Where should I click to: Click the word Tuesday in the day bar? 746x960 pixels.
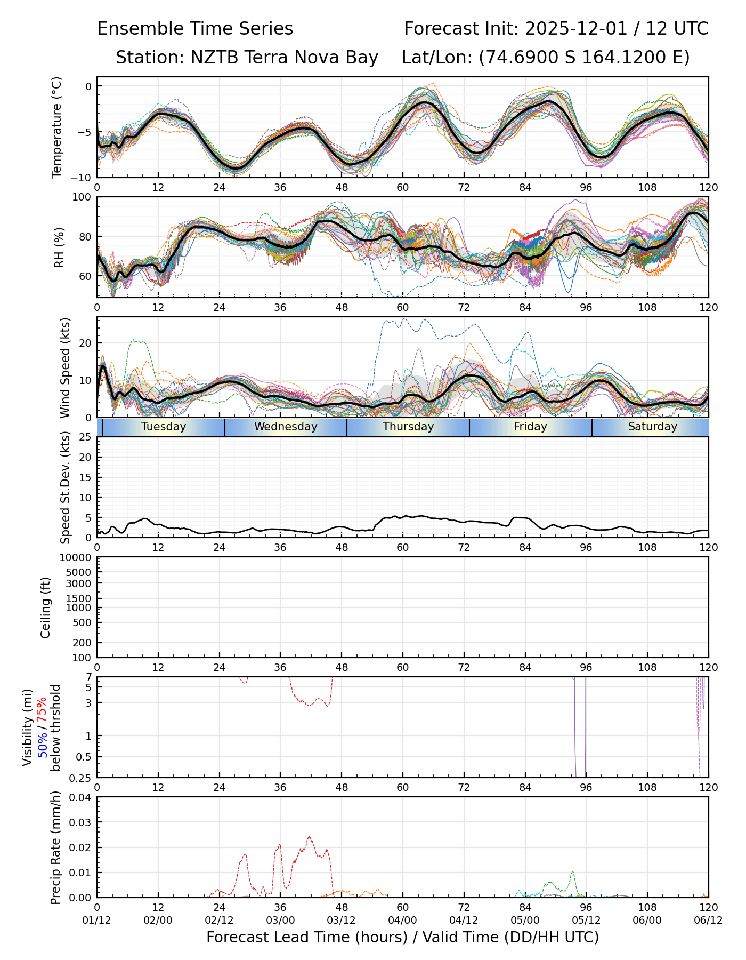[164, 427]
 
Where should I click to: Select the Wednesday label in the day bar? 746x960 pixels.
[286, 427]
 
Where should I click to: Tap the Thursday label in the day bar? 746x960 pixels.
[408, 427]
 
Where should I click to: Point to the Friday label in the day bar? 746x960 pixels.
[530, 427]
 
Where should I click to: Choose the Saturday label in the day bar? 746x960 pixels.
[652, 427]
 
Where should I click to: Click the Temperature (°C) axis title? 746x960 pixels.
[57, 127]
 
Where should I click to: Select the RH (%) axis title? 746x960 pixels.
[59, 247]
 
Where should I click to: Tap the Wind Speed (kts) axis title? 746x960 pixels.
[65, 367]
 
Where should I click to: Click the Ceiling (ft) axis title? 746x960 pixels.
[46, 607]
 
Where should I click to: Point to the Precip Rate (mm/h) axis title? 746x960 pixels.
[55, 847]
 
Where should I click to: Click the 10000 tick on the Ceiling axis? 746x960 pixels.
[78, 558]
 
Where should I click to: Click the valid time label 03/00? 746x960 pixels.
[280, 920]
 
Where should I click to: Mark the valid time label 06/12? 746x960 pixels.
[708, 920]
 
